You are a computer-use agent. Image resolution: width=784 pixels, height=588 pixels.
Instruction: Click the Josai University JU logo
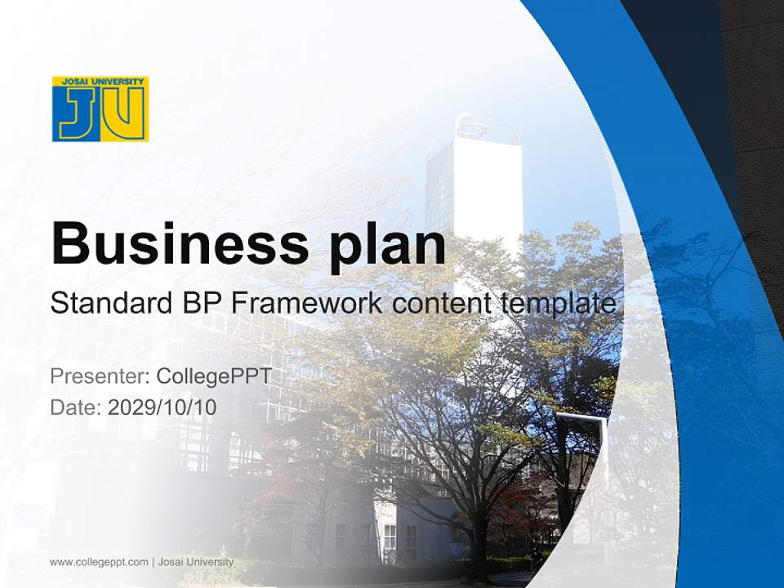100,109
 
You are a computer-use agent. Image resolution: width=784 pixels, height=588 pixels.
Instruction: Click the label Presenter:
100,376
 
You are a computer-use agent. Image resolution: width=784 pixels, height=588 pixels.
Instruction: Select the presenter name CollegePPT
213,376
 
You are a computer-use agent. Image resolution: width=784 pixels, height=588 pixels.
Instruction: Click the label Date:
76,407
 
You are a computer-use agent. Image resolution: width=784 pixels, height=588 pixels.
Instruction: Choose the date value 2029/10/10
163,407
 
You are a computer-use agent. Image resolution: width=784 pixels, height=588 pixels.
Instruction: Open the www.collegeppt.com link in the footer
99,562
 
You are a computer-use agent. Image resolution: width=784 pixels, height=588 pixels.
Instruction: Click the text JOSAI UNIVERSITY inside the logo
100,82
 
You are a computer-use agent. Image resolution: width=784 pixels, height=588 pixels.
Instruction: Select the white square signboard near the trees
581,441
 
